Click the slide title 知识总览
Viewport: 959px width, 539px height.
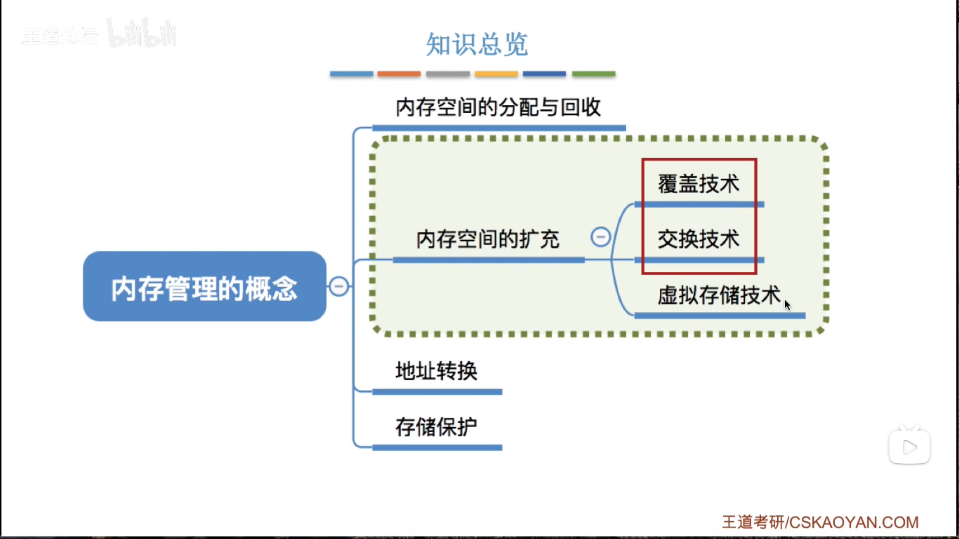pyautogui.click(x=477, y=44)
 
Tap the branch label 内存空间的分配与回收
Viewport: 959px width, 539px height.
pyautogui.click(x=498, y=107)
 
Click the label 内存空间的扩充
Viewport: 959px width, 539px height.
pyautogui.click(x=487, y=239)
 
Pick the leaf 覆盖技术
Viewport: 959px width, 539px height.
pyautogui.click(x=698, y=184)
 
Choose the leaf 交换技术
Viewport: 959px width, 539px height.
pyautogui.click(x=698, y=239)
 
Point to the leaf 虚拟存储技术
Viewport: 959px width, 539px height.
pyautogui.click(x=718, y=295)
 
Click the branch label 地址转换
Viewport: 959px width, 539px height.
pyautogui.click(x=436, y=371)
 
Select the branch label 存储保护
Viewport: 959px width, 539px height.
pyautogui.click(x=436, y=427)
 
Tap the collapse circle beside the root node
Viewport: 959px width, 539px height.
pyautogui.click(x=339, y=286)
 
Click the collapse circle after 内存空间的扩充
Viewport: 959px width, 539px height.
pyautogui.click(x=600, y=237)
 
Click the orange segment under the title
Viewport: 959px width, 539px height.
pyautogui.click(x=399, y=74)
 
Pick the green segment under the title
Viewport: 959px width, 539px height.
pyautogui.click(x=593, y=74)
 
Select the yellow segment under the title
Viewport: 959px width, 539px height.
pyautogui.click(x=496, y=74)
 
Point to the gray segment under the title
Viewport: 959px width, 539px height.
pyautogui.click(x=448, y=74)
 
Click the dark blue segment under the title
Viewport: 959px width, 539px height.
pyautogui.click(x=544, y=74)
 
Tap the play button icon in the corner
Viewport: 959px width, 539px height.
pyautogui.click(x=909, y=447)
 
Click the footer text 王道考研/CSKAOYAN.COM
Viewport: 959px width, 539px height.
pyautogui.click(x=820, y=522)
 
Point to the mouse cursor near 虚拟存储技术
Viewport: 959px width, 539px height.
pyautogui.click(x=787, y=304)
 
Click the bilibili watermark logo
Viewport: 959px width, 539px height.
pyautogui.click(x=142, y=34)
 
